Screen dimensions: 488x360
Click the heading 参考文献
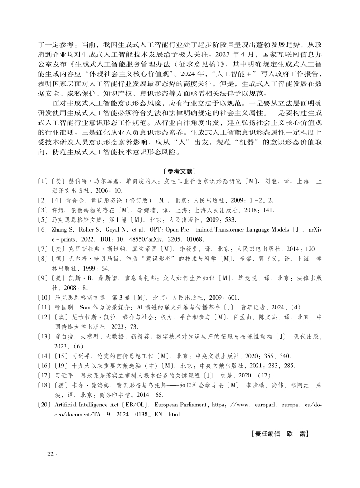coord(180,171)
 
